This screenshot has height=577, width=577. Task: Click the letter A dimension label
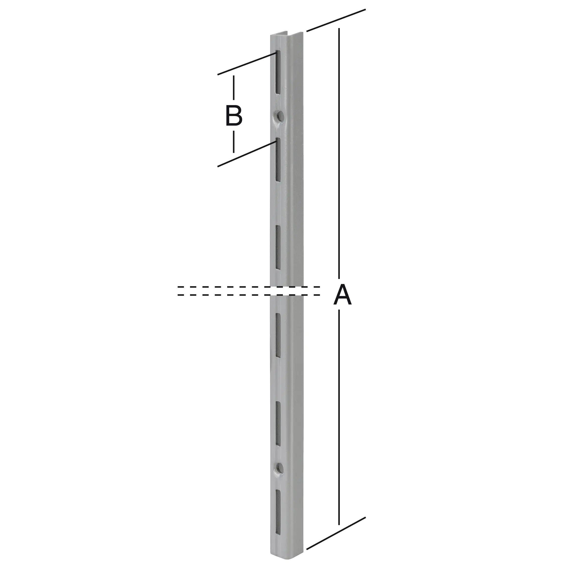342,295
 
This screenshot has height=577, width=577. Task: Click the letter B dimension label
234,116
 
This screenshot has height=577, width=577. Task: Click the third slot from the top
278,247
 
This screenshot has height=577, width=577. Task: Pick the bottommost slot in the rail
278,512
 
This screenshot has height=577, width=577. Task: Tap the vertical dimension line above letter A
339,149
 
